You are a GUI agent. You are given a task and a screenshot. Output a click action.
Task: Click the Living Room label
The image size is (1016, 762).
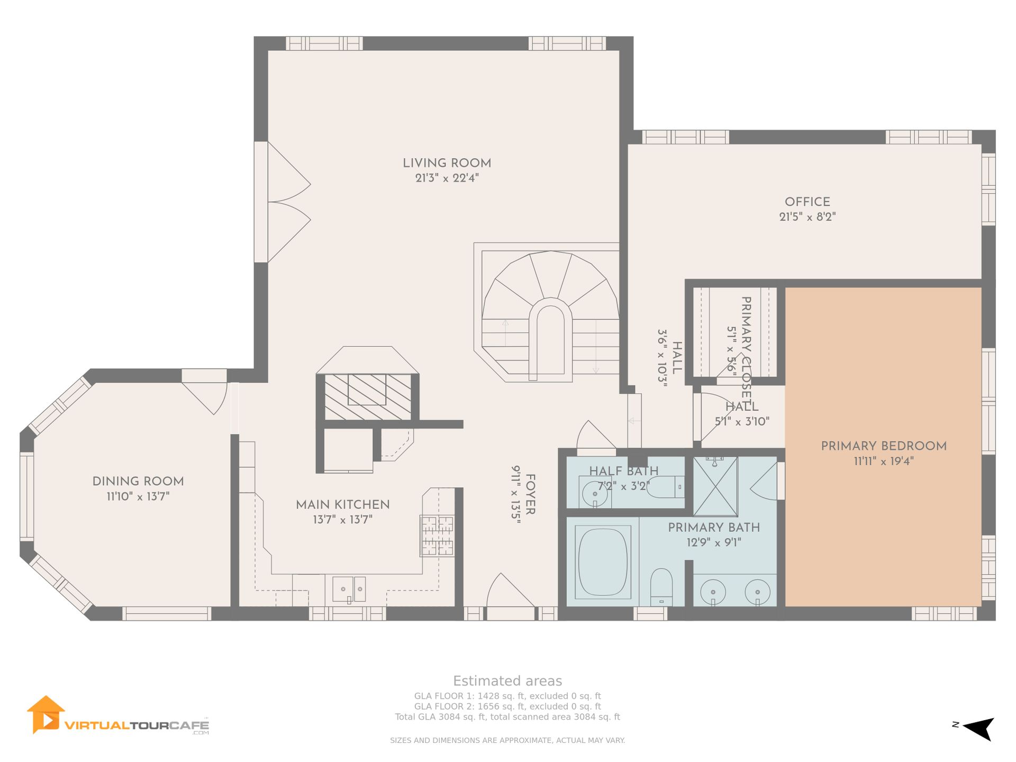click(x=447, y=164)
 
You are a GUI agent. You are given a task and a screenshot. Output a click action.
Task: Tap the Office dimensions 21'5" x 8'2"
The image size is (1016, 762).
click(x=808, y=217)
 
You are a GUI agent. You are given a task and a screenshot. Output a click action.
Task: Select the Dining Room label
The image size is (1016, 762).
click(x=138, y=482)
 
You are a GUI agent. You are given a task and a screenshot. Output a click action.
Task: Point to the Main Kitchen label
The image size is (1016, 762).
click(x=343, y=505)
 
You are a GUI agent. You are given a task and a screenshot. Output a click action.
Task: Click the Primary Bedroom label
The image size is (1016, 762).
click(x=884, y=446)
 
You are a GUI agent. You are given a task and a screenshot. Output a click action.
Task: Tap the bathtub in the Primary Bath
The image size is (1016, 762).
click(x=603, y=562)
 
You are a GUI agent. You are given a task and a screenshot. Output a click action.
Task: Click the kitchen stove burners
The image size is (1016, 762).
click(x=437, y=536)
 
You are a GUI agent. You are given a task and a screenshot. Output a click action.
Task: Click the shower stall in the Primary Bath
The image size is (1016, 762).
click(x=715, y=486)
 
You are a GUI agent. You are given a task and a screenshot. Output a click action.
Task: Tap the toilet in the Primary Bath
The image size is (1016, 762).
click(x=661, y=587)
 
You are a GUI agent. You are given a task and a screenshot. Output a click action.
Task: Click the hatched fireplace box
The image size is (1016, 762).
click(x=368, y=397)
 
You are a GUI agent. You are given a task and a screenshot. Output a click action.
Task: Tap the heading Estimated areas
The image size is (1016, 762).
click(x=507, y=681)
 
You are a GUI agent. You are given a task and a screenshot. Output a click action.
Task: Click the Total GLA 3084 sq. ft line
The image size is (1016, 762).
click(x=507, y=717)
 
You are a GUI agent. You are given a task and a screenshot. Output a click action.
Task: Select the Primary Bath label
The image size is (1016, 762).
click(x=714, y=528)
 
